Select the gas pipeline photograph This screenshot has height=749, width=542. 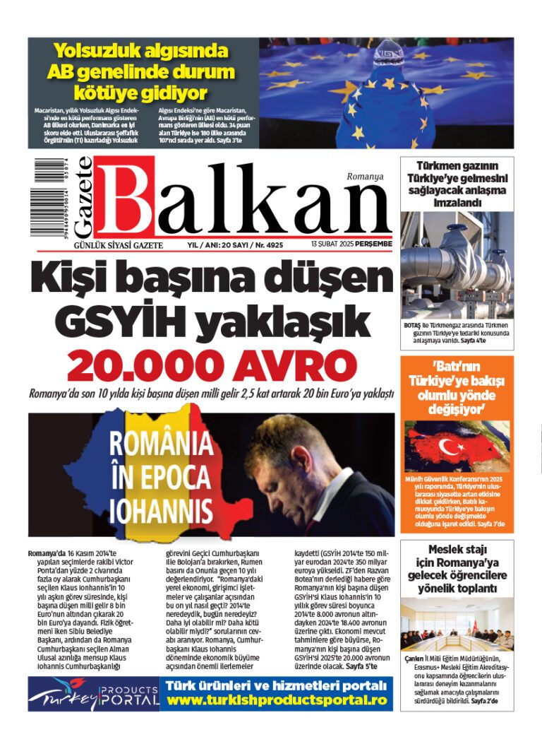click(x=457, y=264)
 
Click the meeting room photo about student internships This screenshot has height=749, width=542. click(x=457, y=625)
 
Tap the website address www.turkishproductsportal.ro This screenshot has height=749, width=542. click(x=277, y=700)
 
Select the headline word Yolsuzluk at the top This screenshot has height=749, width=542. click(x=97, y=51)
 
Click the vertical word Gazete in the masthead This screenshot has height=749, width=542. click(x=83, y=198)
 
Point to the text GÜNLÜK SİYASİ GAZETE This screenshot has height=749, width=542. click(x=119, y=244)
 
